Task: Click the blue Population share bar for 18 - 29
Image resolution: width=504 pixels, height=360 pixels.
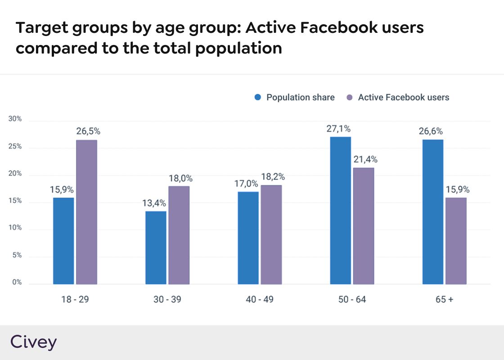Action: point(63,241)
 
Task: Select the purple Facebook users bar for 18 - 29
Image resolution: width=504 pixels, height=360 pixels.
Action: point(86,212)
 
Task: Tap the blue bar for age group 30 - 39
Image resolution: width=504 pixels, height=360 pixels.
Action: point(156,247)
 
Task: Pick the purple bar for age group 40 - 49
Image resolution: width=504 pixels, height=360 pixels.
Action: point(271,234)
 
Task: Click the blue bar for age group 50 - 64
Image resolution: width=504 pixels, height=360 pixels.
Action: point(340,210)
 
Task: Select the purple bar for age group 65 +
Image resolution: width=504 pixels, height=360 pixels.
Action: point(455,241)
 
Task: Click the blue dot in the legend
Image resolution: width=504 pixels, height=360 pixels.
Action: point(258,98)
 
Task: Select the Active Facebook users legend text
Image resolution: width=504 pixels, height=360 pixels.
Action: point(403,98)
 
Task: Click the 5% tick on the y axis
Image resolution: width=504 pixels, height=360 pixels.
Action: point(17,256)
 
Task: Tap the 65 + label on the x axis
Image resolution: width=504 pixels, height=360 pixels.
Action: point(444,299)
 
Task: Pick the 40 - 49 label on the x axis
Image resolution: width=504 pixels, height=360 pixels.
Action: point(260,299)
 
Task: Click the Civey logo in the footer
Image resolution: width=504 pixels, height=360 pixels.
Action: point(34,342)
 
